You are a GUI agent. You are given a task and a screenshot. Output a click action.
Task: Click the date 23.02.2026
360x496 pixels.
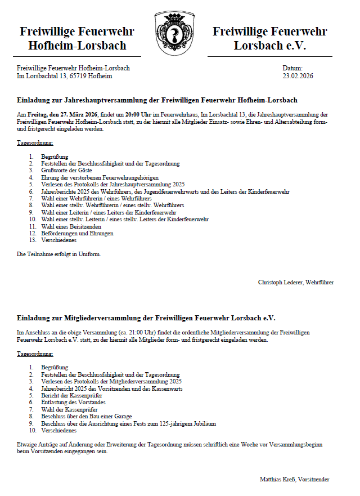(298, 75)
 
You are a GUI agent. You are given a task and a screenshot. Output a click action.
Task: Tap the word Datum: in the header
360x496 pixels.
(293, 68)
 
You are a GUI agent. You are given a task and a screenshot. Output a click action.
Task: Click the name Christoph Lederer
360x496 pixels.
(280, 281)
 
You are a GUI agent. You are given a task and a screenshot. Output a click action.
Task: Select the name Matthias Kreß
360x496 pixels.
(277, 479)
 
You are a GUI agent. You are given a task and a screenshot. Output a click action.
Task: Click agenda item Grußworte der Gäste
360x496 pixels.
(67, 171)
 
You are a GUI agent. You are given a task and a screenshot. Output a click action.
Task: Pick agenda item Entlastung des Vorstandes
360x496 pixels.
(73, 403)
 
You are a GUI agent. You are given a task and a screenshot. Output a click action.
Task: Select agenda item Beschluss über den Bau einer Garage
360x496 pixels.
(86, 417)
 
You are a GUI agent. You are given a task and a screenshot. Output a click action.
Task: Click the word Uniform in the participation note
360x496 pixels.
(92, 254)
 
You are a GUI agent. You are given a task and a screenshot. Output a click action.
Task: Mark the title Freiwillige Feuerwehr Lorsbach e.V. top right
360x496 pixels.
(269, 38)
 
